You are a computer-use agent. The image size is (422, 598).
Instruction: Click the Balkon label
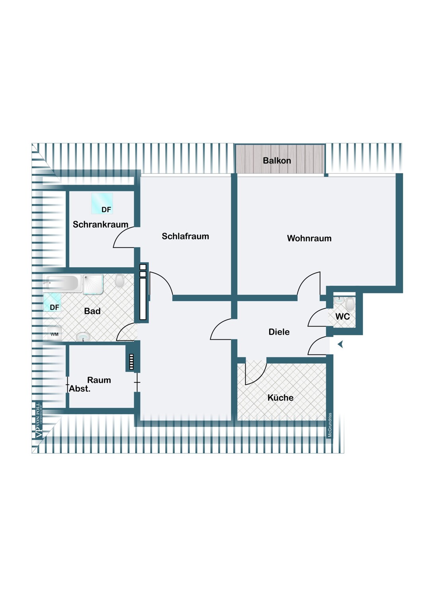(x=277, y=160)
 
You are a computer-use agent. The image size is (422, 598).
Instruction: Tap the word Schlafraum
(x=185, y=236)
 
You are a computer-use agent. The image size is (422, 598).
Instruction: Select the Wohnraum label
(x=309, y=238)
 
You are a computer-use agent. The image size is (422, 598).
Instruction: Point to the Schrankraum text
(x=100, y=224)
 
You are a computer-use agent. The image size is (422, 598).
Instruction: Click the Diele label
(x=279, y=332)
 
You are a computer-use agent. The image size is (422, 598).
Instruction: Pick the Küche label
(x=280, y=397)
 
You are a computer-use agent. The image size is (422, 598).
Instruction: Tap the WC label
(x=342, y=317)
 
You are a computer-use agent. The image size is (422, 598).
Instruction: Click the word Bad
(x=92, y=311)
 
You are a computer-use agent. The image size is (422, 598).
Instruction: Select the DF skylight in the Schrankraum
(x=102, y=203)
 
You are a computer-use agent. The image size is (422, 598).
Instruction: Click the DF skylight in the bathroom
(x=52, y=302)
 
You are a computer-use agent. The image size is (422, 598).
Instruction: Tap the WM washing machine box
(x=55, y=334)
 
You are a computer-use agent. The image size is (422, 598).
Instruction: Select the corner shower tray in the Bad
(x=93, y=285)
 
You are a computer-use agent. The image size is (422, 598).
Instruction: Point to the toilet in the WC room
(x=350, y=304)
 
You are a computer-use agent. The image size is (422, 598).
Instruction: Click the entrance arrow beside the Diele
(x=340, y=345)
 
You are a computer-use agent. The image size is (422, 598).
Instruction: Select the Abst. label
(x=80, y=389)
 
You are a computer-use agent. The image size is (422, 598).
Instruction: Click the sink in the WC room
(x=338, y=300)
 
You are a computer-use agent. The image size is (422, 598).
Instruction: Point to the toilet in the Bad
(x=119, y=280)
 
